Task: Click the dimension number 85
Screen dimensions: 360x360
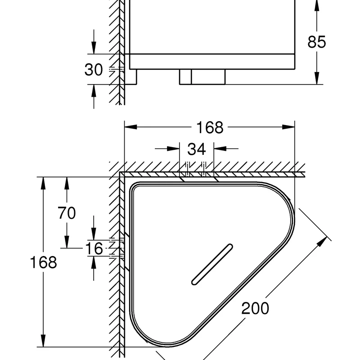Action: coord(317,42)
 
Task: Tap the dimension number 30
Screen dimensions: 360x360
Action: coord(94,70)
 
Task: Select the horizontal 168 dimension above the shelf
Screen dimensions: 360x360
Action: coord(210,127)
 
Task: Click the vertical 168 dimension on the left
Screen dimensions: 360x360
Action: coord(43,262)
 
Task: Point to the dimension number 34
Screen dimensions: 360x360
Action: coord(196,149)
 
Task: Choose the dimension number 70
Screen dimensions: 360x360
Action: coord(67,213)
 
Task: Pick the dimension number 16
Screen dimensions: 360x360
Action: coord(94,248)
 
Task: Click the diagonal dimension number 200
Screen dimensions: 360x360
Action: coord(255,308)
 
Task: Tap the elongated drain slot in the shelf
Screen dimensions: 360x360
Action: coord(212,264)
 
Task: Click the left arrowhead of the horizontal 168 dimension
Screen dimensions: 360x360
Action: coord(130,127)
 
